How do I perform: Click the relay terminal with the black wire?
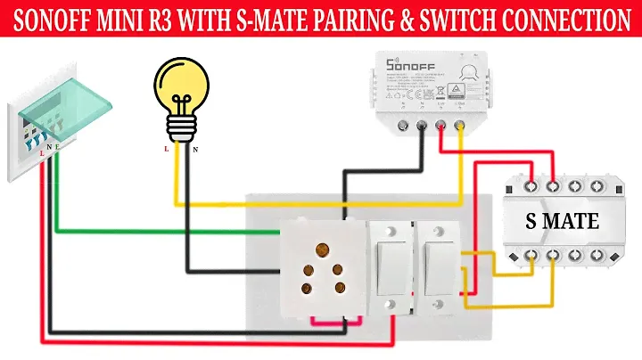tap(422, 125)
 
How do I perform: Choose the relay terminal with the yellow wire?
tap(459, 125)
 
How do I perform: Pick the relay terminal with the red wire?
tap(440, 125)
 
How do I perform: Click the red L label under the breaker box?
tap(42, 152)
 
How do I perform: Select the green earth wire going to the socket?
tap(160, 232)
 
